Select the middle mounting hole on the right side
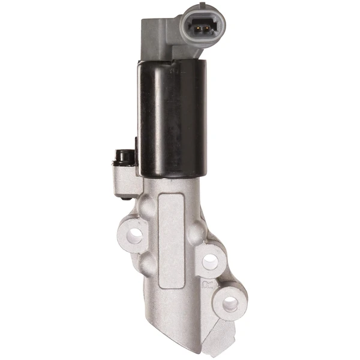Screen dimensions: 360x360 pyautogui.click(x=210, y=260)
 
